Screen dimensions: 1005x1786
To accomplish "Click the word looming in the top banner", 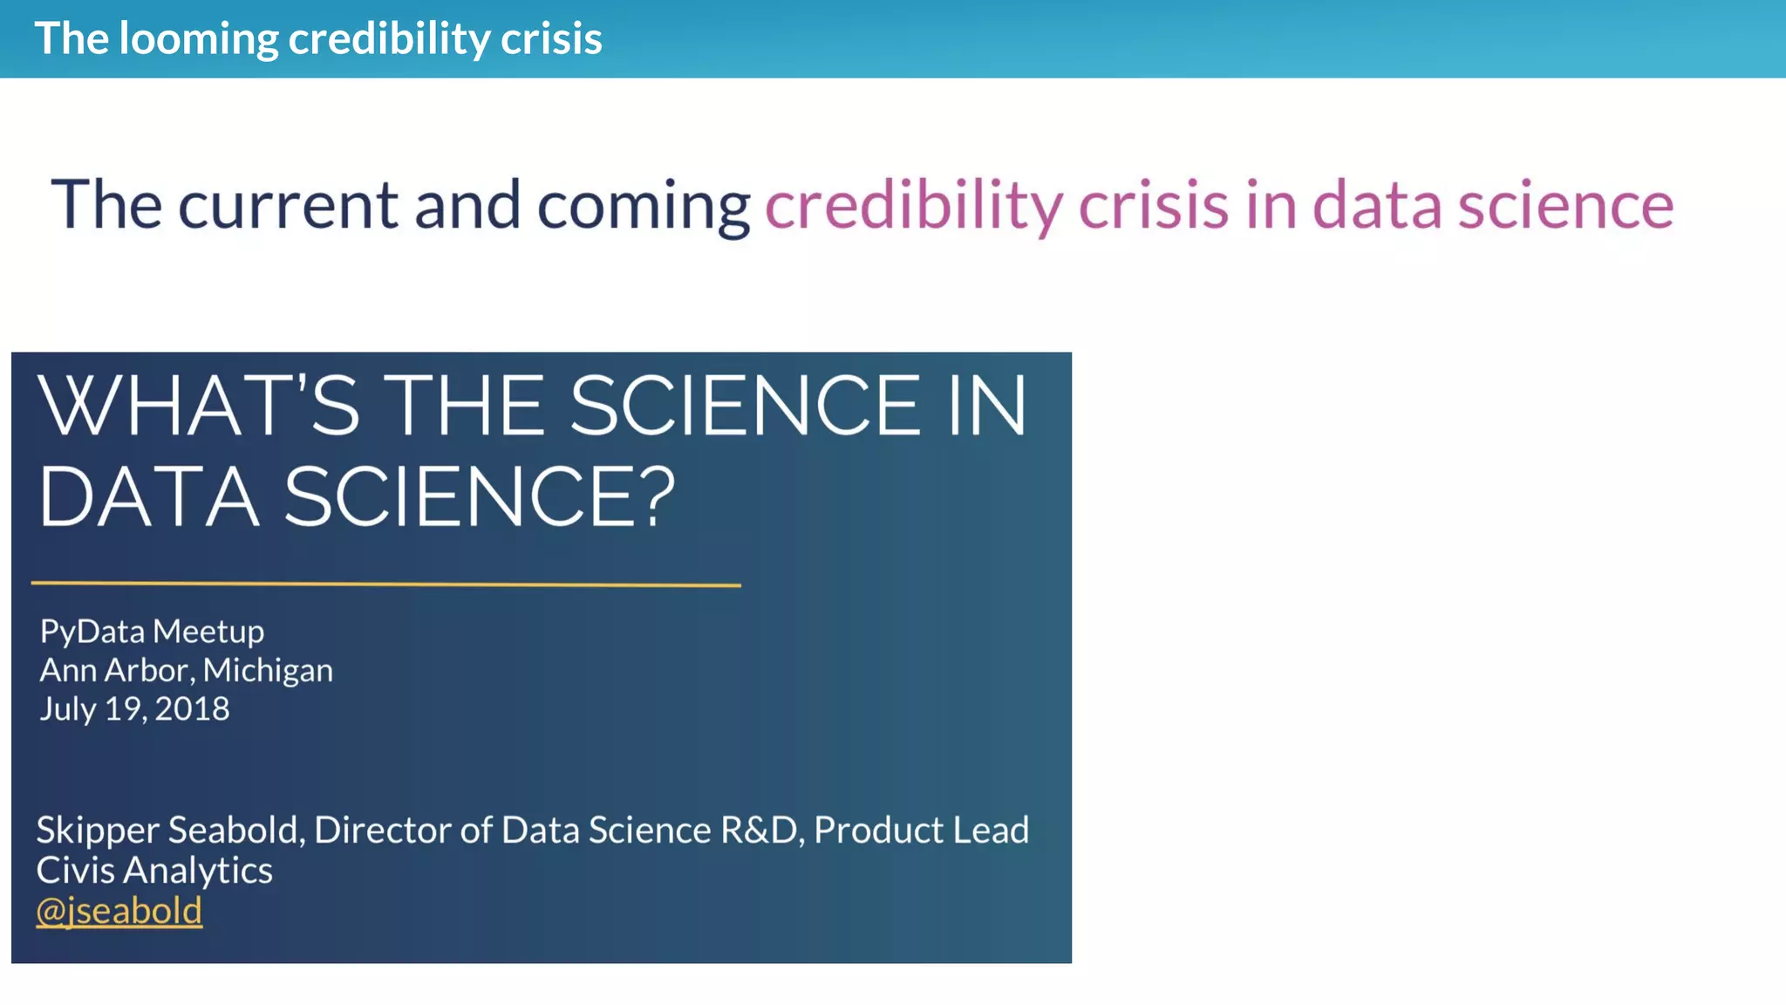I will pyautogui.click(x=198, y=39).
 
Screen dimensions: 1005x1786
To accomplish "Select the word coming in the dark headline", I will pyautogui.click(x=643, y=206).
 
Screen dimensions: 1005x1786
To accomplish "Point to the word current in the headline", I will pyautogui.click(x=288, y=206).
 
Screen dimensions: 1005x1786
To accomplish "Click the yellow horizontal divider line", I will pyautogui.click(x=385, y=584).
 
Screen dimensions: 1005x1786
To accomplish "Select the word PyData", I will pyautogui.click(x=92, y=632).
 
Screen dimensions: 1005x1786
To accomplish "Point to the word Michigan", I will pyautogui.click(x=268, y=670).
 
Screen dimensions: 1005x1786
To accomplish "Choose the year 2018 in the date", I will pyautogui.click(x=192, y=708).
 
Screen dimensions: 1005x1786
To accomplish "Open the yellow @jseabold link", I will pyautogui.click(x=119, y=911).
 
